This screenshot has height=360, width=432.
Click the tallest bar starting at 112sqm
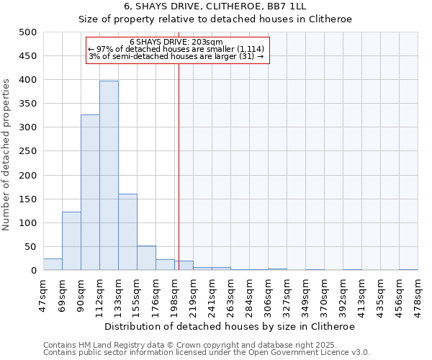[x=109, y=176]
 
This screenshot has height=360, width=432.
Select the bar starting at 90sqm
[x=90, y=192]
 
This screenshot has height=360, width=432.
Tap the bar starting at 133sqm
[x=127, y=232]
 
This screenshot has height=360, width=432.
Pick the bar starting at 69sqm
[x=71, y=241]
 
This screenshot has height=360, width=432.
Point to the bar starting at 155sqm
[x=146, y=258]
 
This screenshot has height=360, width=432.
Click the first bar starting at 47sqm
[x=53, y=264]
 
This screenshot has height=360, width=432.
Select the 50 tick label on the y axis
[x=30, y=247]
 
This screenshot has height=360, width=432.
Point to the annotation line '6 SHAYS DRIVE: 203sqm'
[x=176, y=42]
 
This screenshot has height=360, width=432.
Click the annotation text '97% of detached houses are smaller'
[x=176, y=49]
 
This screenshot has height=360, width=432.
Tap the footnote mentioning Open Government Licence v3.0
[x=207, y=353]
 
